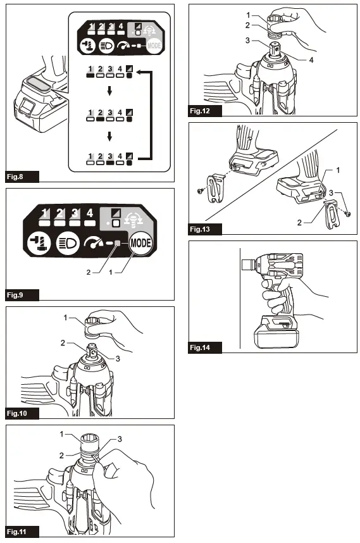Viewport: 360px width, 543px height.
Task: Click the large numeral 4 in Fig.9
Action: point(90,214)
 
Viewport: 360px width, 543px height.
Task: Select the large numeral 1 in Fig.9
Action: point(44,214)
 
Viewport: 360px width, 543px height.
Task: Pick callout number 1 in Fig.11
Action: point(62,434)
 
